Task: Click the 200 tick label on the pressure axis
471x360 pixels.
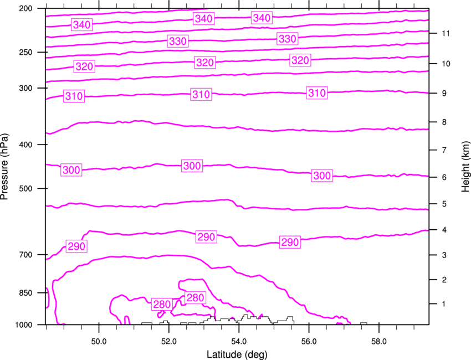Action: tap(25, 8)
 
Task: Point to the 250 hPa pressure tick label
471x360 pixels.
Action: tap(25, 52)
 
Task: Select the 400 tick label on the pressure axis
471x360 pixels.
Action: tap(25, 145)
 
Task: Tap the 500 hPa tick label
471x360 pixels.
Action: tap(25, 188)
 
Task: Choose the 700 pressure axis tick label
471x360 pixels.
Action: tap(25, 255)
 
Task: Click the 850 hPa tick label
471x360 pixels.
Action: tap(25, 293)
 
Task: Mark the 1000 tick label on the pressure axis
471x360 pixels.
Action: tap(23, 325)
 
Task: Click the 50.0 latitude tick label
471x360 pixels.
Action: tap(99, 342)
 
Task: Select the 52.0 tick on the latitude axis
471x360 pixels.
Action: tap(169, 342)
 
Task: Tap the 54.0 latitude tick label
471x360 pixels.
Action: tap(239, 342)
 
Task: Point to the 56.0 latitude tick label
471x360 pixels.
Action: tap(309, 342)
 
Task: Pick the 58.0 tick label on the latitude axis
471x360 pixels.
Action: tap(379, 342)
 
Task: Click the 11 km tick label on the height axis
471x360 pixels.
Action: tap(446, 33)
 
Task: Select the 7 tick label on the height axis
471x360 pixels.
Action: tap(444, 150)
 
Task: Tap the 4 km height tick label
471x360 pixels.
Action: tap(444, 230)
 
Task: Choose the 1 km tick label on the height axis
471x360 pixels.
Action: tap(444, 304)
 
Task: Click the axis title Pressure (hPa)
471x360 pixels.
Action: tap(4, 167)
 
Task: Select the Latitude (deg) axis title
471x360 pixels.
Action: tap(237, 354)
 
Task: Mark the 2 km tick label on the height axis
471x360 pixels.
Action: tap(444, 280)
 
